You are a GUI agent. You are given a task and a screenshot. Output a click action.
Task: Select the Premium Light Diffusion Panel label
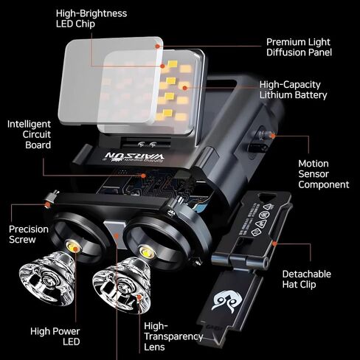click(299, 47)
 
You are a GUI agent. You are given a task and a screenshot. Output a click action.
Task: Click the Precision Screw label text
click(28, 235)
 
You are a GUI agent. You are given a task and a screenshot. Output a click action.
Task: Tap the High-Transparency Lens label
click(173, 336)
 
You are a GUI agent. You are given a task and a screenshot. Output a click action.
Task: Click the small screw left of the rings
click(51, 198)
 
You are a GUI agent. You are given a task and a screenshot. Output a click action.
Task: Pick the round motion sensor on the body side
click(263, 136)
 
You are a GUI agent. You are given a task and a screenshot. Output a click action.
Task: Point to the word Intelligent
click(29, 123)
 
